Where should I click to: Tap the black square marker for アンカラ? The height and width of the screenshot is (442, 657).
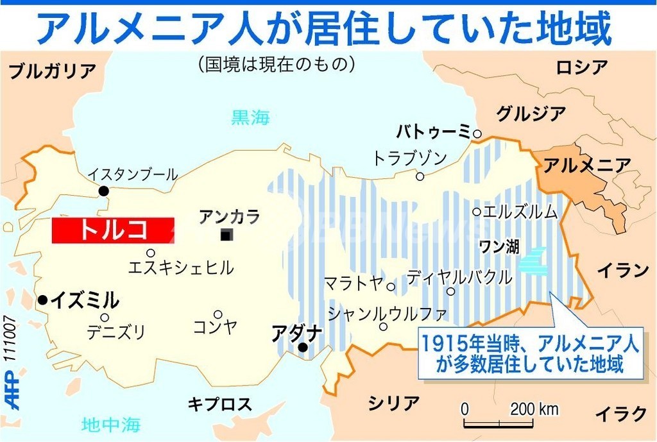[x=226, y=235]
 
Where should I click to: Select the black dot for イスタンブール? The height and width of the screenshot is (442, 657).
[x=103, y=191]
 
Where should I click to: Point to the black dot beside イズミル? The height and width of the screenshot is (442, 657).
[x=42, y=300]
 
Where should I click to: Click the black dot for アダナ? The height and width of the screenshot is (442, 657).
[x=303, y=348]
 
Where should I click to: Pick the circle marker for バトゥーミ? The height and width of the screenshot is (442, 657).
[x=477, y=133]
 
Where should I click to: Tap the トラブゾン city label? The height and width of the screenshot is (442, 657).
[x=410, y=158]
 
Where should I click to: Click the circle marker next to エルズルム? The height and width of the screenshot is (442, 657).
[x=477, y=211]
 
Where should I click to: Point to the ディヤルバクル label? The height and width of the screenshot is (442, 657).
[x=459, y=277]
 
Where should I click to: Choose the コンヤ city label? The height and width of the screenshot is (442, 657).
[x=215, y=327]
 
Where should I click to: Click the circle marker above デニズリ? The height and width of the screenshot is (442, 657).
[x=104, y=317]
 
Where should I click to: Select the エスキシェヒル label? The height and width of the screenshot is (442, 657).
[x=181, y=268]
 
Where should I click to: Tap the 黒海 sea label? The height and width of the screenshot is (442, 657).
[x=250, y=117]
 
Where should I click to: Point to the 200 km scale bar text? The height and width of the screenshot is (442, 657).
[x=534, y=409]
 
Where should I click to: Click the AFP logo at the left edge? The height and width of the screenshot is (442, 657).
[x=11, y=391]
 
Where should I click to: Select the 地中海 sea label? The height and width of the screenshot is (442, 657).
[x=111, y=424]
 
